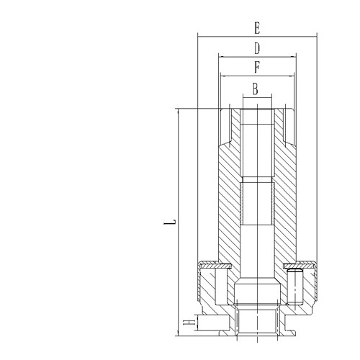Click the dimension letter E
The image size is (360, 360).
(257, 28)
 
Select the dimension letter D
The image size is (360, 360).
(257, 48)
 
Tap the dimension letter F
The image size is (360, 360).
(257, 67)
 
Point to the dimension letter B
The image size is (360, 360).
(256, 89)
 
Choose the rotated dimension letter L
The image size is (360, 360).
(170, 222)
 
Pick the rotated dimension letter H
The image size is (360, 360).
(189, 322)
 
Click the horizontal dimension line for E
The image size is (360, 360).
(257, 37)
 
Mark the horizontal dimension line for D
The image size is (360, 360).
(257, 57)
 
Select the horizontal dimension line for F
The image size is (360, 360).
(257, 76)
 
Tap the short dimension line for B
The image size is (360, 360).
(257, 97)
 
